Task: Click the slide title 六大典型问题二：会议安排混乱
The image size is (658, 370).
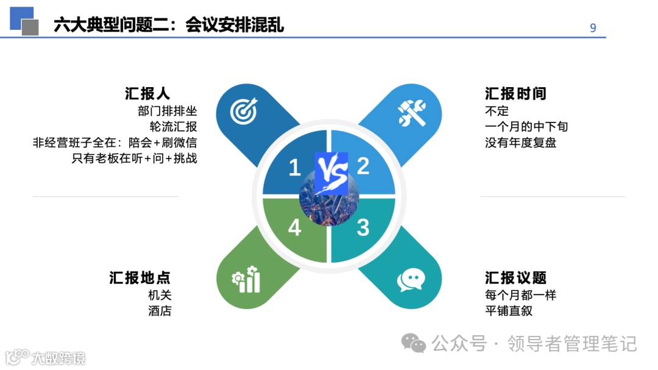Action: pos(169,25)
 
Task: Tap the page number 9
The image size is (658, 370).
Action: pos(593,28)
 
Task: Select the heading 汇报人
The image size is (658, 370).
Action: pos(147,94)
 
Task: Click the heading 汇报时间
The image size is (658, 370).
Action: pos(515,94)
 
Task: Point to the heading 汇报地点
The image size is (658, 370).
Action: pos(140,278)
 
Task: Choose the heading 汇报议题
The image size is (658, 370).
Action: pos(515,278)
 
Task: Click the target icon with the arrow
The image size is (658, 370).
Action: pos(244,111)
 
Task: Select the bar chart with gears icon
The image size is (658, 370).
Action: pos(246,280)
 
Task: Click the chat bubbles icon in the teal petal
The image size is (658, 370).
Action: pos(411,280)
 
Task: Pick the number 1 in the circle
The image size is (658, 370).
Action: pos(294,167)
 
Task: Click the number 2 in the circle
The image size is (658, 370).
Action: pos(363,166)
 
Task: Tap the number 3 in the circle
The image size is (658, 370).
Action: pos(363,228)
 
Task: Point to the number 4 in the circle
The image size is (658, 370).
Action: pos(294,228)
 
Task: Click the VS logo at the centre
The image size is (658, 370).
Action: pos(331,173)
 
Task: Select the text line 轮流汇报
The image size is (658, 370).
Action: pos(173,127)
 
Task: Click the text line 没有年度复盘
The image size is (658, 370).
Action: pos(521,143)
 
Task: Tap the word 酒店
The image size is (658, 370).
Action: pos(160,311)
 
